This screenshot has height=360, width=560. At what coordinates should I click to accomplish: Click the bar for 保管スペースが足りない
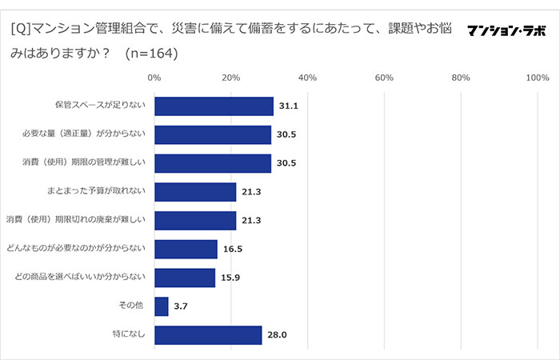(214, 106)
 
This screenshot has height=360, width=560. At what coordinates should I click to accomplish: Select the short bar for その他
(161, 306)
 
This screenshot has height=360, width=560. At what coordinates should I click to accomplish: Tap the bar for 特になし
(208, 335)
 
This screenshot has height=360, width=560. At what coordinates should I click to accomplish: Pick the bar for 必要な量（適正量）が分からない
(213, 134)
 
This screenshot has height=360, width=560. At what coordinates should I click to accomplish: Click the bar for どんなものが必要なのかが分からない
(186, 250)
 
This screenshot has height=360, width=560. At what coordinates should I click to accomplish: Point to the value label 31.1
(288, 106)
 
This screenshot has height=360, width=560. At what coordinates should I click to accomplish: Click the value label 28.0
(277, 335)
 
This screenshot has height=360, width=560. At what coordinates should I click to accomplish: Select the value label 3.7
(181, 306)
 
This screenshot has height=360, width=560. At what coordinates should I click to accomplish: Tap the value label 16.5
(232, 250)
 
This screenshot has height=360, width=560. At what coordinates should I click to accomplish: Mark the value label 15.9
(230, 278)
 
